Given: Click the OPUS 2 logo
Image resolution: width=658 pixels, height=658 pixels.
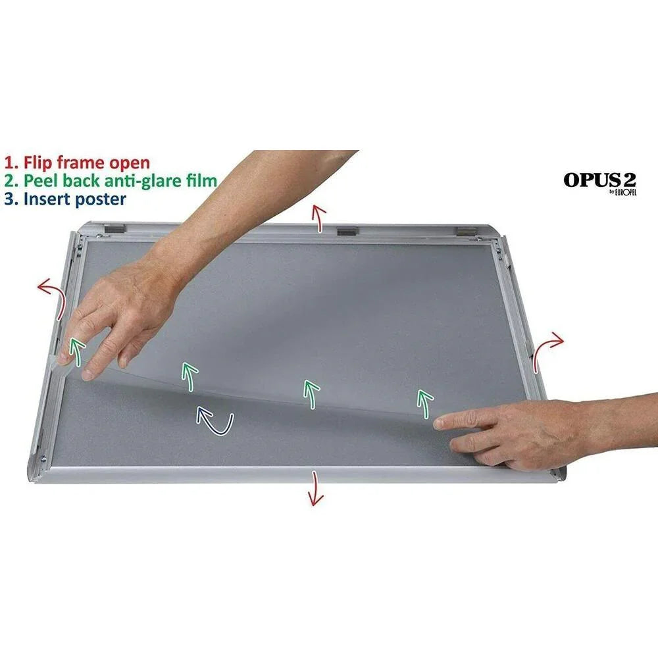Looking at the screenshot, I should pyautogui.click(x=599, y=180).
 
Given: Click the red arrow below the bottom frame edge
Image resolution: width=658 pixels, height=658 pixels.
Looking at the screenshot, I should pyautogui.click(x=316, y=488).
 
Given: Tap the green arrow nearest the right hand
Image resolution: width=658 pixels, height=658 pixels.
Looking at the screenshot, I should pyautogui.click(x=424, y=403).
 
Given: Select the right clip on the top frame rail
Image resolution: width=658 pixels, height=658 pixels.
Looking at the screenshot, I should pyautogui.click(x=464, y=232).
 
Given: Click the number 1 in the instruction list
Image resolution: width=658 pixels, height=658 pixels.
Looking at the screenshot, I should pyautogui.click(x=9, y=163).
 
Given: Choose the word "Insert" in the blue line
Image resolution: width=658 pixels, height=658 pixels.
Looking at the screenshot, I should pyautogui.click(x=46, y=198).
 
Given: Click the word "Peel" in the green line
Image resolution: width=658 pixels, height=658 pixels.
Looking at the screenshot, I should pyautogui.click(x=39, y=180).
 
